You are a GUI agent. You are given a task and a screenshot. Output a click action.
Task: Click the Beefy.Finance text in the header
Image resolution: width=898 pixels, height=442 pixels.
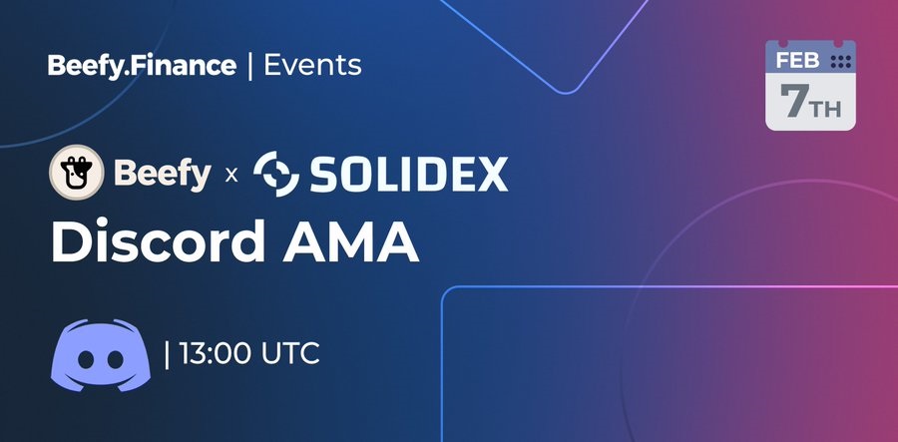coord(142,66)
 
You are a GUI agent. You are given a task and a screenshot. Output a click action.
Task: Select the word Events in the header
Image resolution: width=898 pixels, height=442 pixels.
coord(312,65)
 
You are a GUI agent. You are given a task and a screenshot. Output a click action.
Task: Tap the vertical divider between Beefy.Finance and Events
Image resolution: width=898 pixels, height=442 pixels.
coord(250,67)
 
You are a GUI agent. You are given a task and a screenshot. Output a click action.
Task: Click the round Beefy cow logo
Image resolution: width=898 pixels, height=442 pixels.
coord(77,172)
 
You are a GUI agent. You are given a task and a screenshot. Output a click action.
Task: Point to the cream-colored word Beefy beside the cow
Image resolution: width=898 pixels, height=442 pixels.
coord(163,174)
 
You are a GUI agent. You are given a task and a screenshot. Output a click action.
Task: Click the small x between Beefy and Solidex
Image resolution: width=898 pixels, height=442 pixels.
coord(231,175)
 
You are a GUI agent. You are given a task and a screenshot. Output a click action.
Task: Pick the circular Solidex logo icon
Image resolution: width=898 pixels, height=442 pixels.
coord(276,174)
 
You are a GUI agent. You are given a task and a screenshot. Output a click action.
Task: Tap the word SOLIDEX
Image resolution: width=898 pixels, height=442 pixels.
coord(409,174)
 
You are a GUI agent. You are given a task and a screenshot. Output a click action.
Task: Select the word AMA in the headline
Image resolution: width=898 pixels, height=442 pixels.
coord(350,241)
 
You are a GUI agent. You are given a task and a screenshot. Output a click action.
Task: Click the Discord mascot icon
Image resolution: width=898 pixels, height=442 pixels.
coord(101,355)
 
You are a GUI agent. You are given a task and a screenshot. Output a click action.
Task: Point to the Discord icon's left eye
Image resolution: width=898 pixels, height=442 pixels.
coord(86,359)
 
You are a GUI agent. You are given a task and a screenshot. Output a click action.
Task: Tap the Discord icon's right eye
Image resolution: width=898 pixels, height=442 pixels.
coord(116,359)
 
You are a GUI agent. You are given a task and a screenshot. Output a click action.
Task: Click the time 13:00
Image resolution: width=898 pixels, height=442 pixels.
coord(215,353)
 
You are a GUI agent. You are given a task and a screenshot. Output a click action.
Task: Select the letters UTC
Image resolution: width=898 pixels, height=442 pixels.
coord(290,353)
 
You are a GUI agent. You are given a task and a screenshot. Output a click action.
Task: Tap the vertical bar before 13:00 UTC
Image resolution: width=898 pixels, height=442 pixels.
coord(167,355)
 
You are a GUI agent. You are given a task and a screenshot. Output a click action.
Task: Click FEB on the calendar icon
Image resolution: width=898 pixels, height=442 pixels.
coord(798,61)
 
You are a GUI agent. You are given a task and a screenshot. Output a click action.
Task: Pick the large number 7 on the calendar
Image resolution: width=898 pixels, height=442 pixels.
coord(795,102)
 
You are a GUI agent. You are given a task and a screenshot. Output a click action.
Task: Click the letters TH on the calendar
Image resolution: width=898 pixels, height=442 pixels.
coord(826,109)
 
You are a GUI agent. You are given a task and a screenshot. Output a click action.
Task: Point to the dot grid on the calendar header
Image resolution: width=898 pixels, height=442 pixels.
coord(841,62)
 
